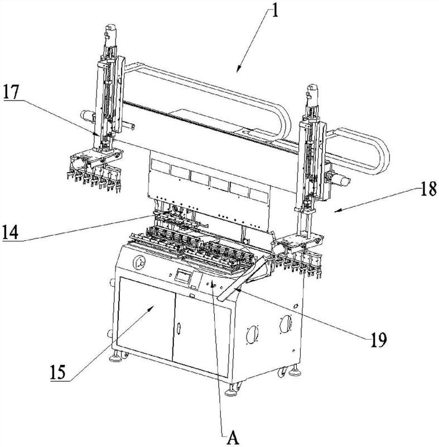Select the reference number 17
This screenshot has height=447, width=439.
tap(11, 92)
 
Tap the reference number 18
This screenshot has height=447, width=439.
tap(428, 189)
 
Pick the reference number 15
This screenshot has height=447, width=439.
tap(58, 372)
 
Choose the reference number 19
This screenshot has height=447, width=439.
tap(379, 340)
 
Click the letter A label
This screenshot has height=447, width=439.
tap(233, 438)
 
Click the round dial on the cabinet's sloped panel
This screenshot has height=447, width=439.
tap(139, 262)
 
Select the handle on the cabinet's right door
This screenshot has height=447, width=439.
tap(179, 328)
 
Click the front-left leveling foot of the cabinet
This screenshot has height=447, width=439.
tap(115, 356)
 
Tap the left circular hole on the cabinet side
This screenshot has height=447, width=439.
tap(252, 334)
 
